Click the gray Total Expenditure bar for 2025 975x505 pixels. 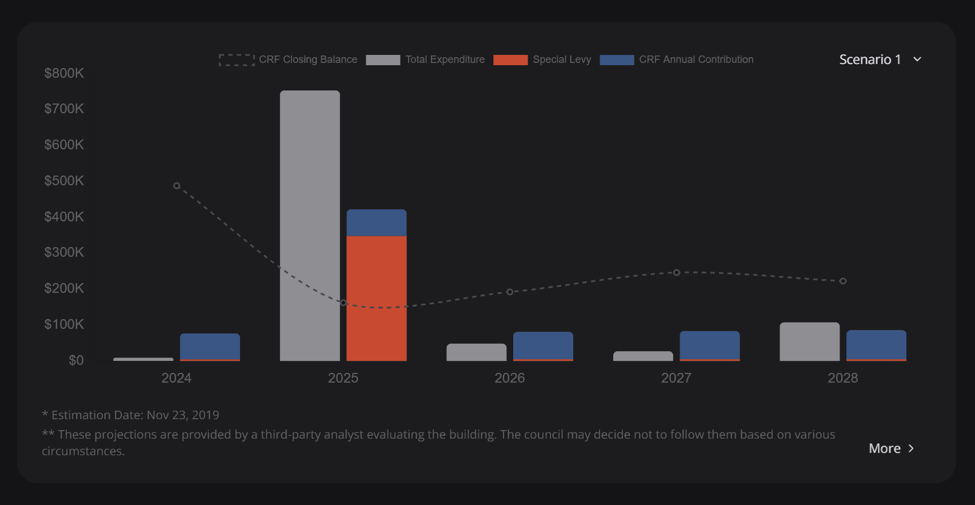coord(310,225)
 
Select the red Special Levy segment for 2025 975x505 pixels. coord(377,298)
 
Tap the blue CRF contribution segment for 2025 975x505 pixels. coord(377,223)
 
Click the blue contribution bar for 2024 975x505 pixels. coord(210,347)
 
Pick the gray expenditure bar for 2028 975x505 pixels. coord(809,341)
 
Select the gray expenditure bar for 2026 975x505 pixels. coord(476,352)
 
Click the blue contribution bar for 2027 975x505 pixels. coord(709,345)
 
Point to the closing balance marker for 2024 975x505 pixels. coord(177,186)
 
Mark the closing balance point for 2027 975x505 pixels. coord(677,273)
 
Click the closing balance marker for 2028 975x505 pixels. coord(843,281)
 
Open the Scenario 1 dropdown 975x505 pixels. coord(880,59)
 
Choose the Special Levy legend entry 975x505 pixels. coord(542,59)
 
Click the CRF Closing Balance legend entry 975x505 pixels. coord(288,59)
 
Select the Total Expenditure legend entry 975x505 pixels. coord(425,59)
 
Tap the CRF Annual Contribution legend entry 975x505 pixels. coord(677,59)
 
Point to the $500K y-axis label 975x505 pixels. coord(64,181)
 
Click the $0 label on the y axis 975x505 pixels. coord(76,360)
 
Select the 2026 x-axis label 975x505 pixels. coord(509,378)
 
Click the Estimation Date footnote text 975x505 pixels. coord(131,415)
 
